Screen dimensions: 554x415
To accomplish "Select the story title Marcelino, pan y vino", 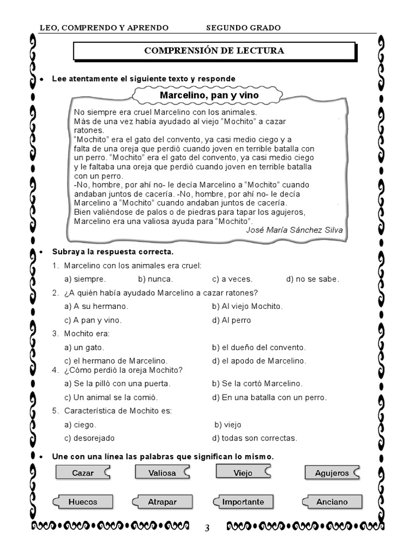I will [x=209, y=96].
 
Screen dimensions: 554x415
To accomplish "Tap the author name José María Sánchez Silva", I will [x=294, y=230].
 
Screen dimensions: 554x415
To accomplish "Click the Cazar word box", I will [x=83, y=473].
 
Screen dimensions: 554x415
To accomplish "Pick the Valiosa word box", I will [x=162, y=473].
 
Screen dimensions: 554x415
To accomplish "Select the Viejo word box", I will [x=243, y=472].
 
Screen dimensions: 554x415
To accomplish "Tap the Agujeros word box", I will [x=331, y=473].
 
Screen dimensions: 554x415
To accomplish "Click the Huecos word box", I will [x=83, y=502].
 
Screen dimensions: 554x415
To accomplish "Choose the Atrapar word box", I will [x=162, y=502].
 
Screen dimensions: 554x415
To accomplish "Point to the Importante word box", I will [x=243, y=502].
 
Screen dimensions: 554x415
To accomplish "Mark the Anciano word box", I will [x=331, y=502].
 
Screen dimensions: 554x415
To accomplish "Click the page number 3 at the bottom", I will [x=207, y=529].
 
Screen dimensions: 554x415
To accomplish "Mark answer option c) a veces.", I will [x=232, y=279].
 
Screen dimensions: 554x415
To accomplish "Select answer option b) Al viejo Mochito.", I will [x=247, y=306].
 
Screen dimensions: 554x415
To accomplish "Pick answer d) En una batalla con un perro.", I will [x=269, y=397].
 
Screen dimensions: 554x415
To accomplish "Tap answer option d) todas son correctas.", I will [x=255, y=438].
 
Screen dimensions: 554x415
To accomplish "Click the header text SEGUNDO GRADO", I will [x=243, y=28].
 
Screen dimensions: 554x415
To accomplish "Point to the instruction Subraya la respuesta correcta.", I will [x=113, y=252].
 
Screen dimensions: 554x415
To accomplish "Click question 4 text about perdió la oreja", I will [x=123, y=370].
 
